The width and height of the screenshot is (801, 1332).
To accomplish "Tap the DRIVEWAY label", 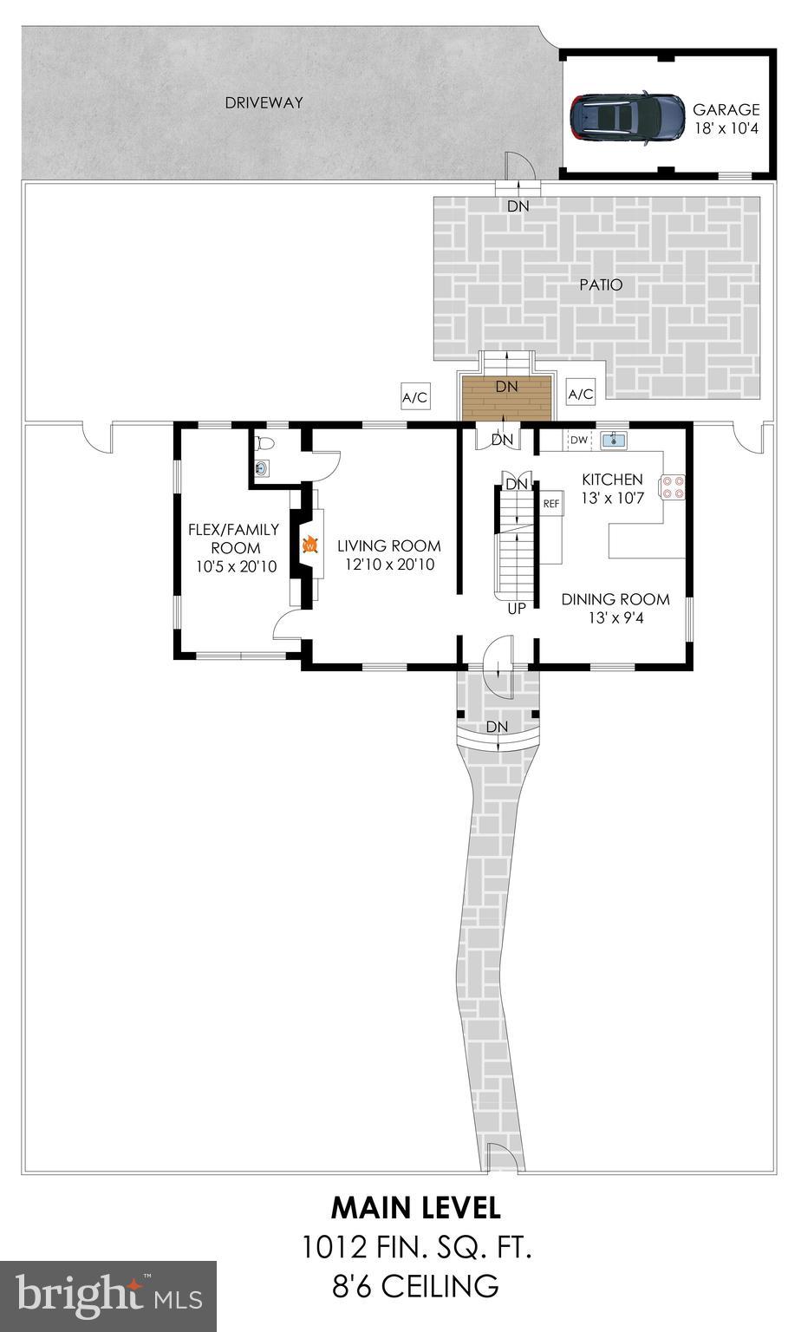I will tap(264, 102).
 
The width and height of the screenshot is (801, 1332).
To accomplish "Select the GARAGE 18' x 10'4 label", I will tap(726, 119).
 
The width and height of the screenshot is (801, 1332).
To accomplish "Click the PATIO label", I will tap(602, 284).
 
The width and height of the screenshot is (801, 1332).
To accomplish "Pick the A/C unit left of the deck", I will tap(414, 398).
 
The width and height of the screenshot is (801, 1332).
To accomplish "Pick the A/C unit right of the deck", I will tap(581, 395).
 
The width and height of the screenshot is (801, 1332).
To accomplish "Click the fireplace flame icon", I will tap(309, 546).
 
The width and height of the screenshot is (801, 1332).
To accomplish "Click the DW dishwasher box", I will tap(579, 441).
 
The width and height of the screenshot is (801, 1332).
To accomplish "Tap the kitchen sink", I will tap(615, 441).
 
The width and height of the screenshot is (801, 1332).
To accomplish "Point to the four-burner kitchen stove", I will tap(674, 487).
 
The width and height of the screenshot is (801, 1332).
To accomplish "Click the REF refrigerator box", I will tap(551, 504).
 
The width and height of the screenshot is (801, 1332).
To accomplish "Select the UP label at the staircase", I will tap(517, 609).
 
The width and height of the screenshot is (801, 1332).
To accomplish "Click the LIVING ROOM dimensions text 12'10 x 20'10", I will tap(388, 565).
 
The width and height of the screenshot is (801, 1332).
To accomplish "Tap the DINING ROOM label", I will tap(615, 599).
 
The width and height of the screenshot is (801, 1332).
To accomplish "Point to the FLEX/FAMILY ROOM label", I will tap(235, 539).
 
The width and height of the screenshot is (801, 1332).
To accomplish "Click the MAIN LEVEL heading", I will tap(415, 1207).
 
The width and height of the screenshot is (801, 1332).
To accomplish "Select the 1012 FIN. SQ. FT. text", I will tap(415, 1248).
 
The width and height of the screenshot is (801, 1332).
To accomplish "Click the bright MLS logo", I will tap(108, 1296).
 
